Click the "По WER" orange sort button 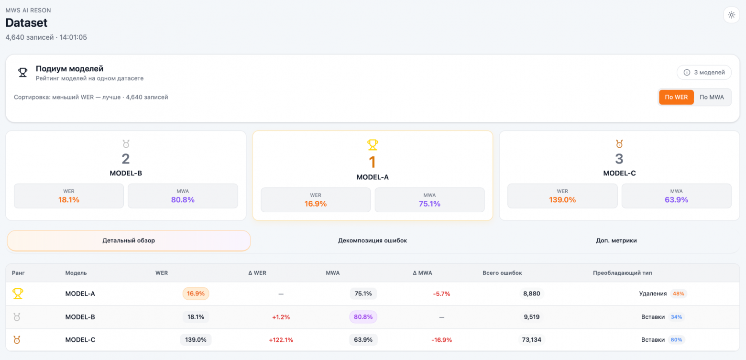[676, 97]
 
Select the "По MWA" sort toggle [712, 97]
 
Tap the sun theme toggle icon [731, 15]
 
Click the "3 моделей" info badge [704, 72]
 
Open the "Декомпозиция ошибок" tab [373, 240]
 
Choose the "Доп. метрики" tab [616, 240]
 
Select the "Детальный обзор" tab [129, 240]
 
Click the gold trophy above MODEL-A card [373, 145]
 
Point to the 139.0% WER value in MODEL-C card [562, 200]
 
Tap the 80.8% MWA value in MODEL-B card [183, 200]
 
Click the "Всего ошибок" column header [502, 273]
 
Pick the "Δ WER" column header [257, 273]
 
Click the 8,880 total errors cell [532, 294]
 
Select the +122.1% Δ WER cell [281, 340]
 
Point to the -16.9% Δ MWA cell [441, 340]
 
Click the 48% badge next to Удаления [679, 294]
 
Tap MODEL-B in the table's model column [80, 316]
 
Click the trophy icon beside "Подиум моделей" [22, 72]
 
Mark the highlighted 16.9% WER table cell [196, 294]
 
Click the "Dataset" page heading [26, 22]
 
